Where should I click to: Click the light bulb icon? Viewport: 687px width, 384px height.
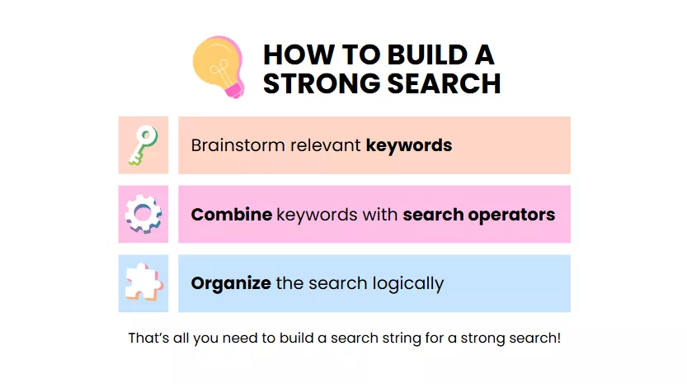click(219, 67)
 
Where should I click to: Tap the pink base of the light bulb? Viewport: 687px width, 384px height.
click(234, 91)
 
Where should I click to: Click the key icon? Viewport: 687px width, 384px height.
click(143, 145)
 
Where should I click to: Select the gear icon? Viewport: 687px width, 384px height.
click(144, 214)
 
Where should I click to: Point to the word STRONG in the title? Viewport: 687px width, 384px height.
click(322, 83)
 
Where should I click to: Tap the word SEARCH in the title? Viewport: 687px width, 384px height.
click(445, 83)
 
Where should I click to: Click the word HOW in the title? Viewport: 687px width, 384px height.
click(299, 55)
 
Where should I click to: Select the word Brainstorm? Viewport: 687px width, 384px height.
click(238, 145)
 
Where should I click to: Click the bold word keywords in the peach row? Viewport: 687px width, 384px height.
click(409, 145)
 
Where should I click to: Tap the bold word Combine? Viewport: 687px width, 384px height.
click(231, 215)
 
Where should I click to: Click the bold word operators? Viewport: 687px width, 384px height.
click(511, 216)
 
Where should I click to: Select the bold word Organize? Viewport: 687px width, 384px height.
click(231, 284)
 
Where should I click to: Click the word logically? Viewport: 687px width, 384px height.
click(408, 284)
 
